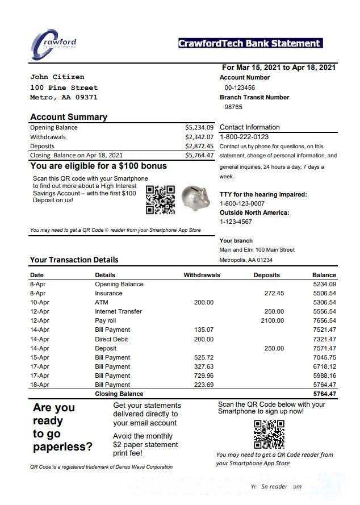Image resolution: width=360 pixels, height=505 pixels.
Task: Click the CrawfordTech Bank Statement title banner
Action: click(x=250, y=43)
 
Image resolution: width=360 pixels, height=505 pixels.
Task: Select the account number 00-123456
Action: click(x=240, y=87)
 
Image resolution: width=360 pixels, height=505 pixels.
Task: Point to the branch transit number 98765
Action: click(x=233, y=107)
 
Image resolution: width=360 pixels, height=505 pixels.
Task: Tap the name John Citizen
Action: click(x=57, y=77)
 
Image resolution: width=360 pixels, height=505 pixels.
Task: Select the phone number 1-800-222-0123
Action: click(x=244, y=137)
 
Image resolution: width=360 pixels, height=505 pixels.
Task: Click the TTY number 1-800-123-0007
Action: click(x=242, y=203)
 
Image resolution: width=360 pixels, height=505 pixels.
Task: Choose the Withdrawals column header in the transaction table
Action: click(x=202, y=275)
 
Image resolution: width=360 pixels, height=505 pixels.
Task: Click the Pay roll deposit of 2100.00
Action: click(x=273, y=321)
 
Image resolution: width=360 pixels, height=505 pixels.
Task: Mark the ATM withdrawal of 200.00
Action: click(x=204, y=302)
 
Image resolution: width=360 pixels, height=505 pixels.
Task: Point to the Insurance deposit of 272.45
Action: click(x=274, y=293)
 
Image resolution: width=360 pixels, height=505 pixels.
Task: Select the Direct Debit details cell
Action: click(x=112, y=339)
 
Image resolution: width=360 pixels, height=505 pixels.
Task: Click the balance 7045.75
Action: click(x=324, y=357)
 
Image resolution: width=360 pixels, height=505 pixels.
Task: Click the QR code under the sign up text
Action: click(x=269, y=434)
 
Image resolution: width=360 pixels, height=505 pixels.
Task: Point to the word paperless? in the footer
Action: click(x=62, y=447)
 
